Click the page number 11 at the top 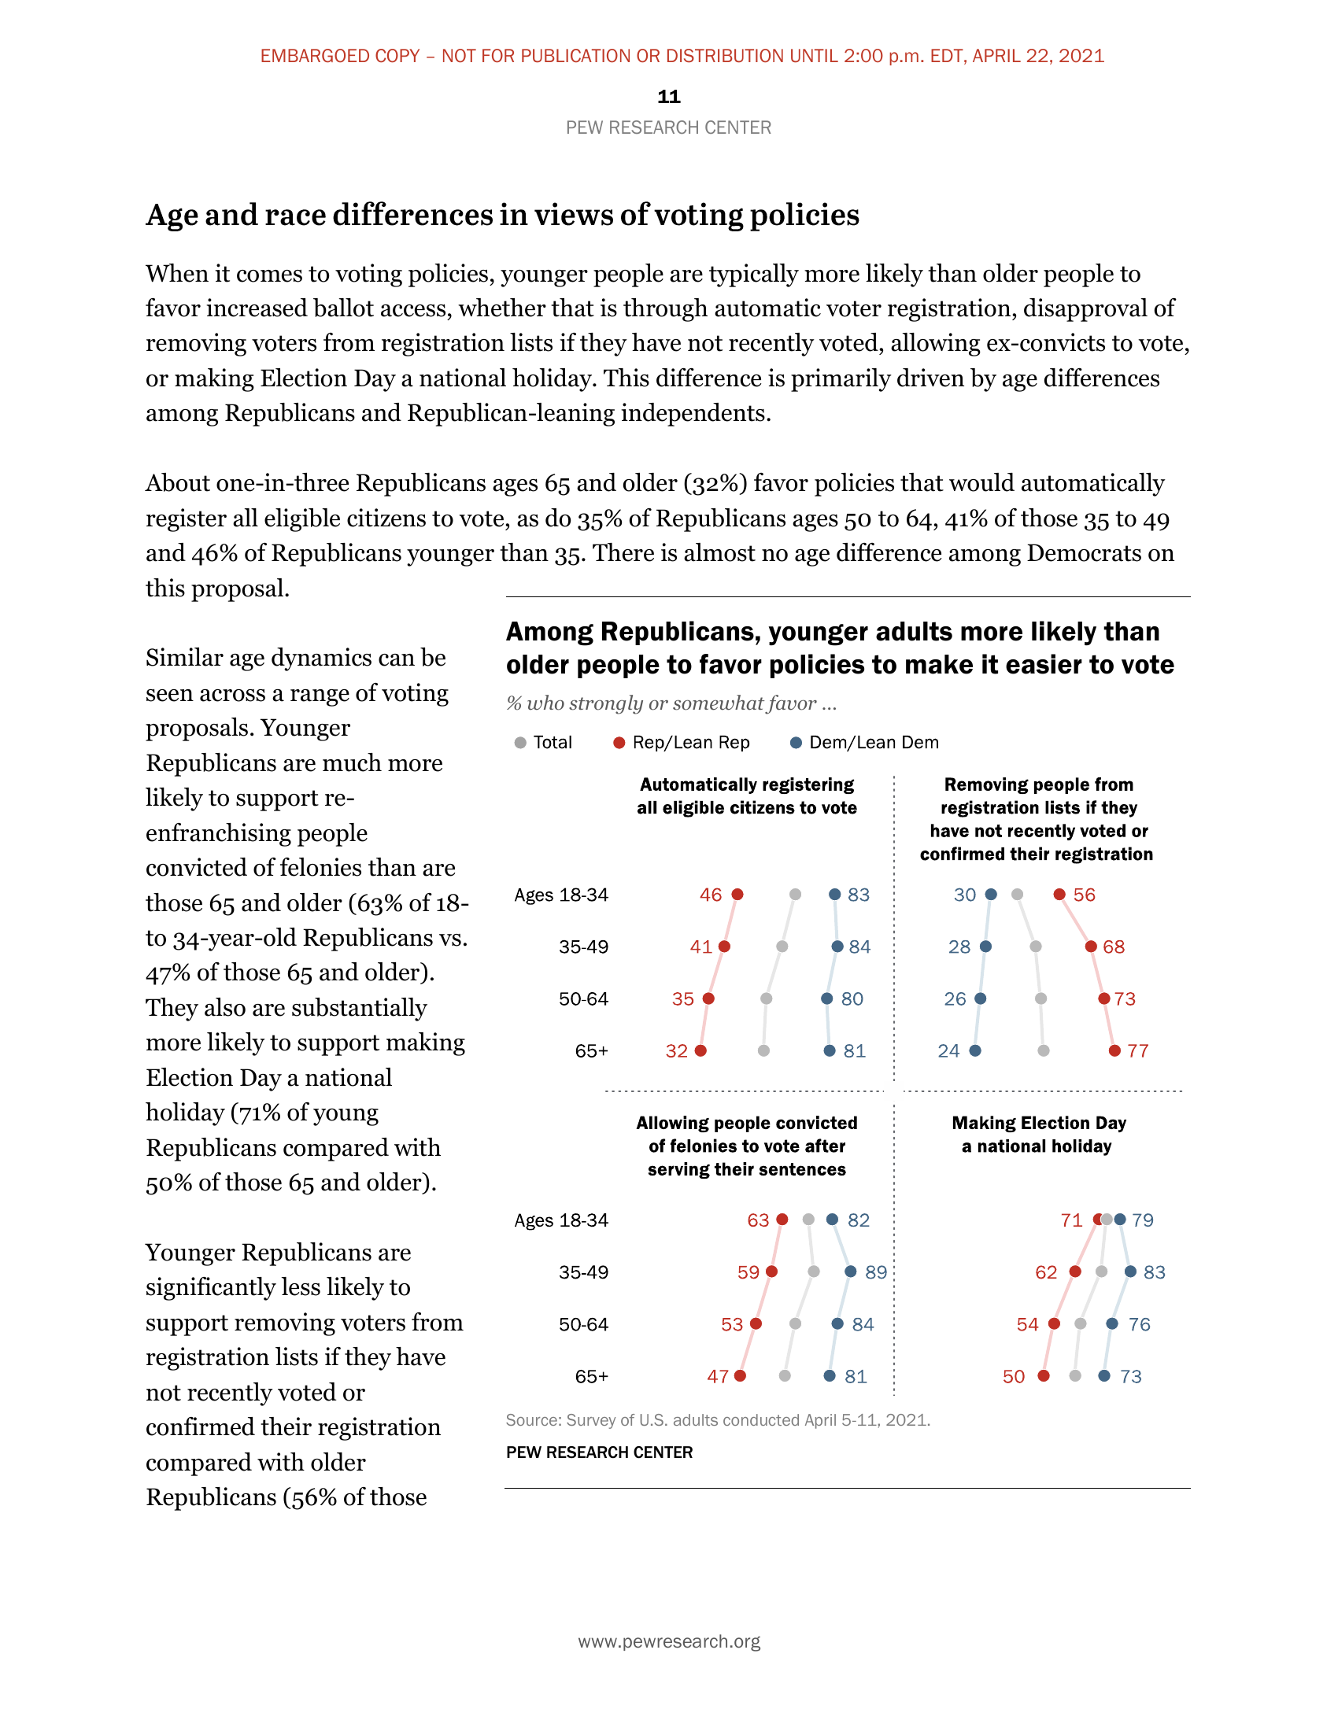(x=668, y=97)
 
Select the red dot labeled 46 (x=737, y=894)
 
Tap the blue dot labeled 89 (x=851, y=1271)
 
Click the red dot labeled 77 (x=1114, y=1051)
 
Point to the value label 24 (x=948, y=1051)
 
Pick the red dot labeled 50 (x=1044, y=1376)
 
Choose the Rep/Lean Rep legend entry (x=682, y=743)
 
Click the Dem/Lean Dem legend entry (x=865, y=743)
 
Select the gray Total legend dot (x=520, y=743)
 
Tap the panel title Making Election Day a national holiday (x=1038, y=1134)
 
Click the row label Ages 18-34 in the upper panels (x=561, y=895)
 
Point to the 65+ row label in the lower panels (x=591, y=1377)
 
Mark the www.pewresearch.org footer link (x=669, y=1641)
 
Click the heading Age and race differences (x=503, y=215)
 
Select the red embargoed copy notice (x=682, y=57)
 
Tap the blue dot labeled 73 (x=1104, y=1376)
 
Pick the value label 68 (x=1114, y=947)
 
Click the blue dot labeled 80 (x=826, y=998)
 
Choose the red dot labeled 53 (x=756, y=1323)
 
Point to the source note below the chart (x=717, y=1420)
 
